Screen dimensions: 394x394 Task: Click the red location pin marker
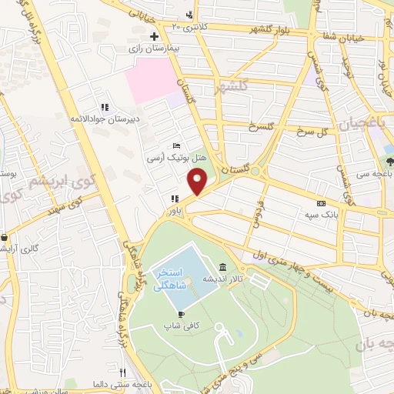click(x=198, y=183)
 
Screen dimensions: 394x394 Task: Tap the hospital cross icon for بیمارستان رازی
click(x=155, y=36)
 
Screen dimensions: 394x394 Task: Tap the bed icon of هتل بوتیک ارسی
click(x=177, y=145)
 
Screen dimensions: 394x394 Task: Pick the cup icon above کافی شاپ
click(x=180, y=315)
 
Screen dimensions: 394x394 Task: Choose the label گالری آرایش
click(x=20, y=249)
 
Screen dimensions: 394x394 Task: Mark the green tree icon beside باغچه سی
click(x=389, y=162)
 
